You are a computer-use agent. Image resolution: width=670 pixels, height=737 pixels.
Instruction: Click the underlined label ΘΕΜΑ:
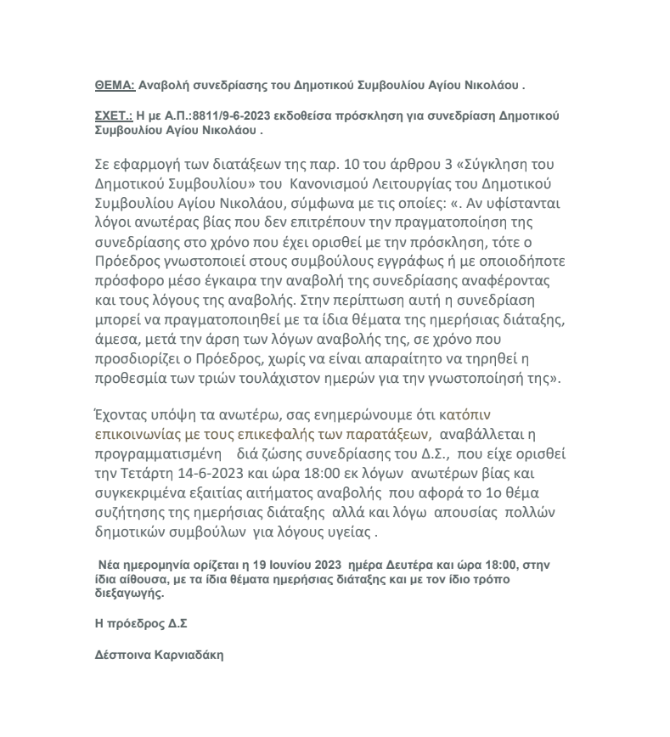[x=114, y=86]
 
